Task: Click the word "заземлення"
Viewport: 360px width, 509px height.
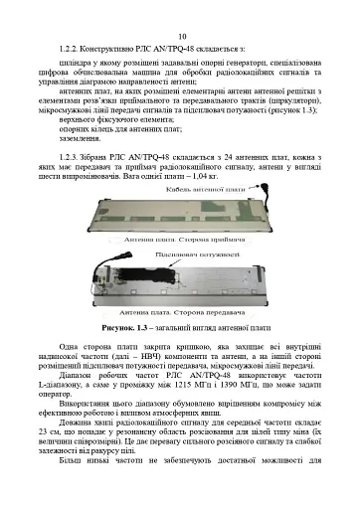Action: click(x=80, y=139)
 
